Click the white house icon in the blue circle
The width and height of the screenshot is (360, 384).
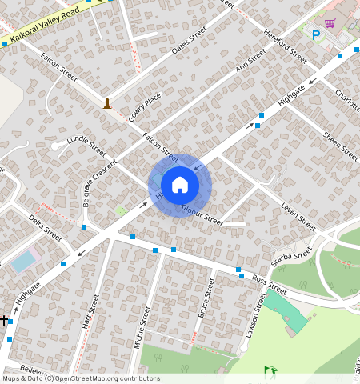coord(180,185)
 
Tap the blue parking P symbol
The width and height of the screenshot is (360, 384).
coord(316,35)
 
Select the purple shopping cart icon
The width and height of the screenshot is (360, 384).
coord(330,24)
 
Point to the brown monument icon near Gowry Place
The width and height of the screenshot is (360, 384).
coord(107,102)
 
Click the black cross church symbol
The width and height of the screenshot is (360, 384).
coord(4,320)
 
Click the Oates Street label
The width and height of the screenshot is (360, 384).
coord(190,41)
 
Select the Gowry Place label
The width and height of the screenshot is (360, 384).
coord(144,106)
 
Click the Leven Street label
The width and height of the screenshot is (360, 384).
coord(299,210)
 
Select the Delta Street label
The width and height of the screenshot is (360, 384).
coord(45,227)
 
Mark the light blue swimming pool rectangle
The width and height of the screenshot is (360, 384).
coord(24,261)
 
